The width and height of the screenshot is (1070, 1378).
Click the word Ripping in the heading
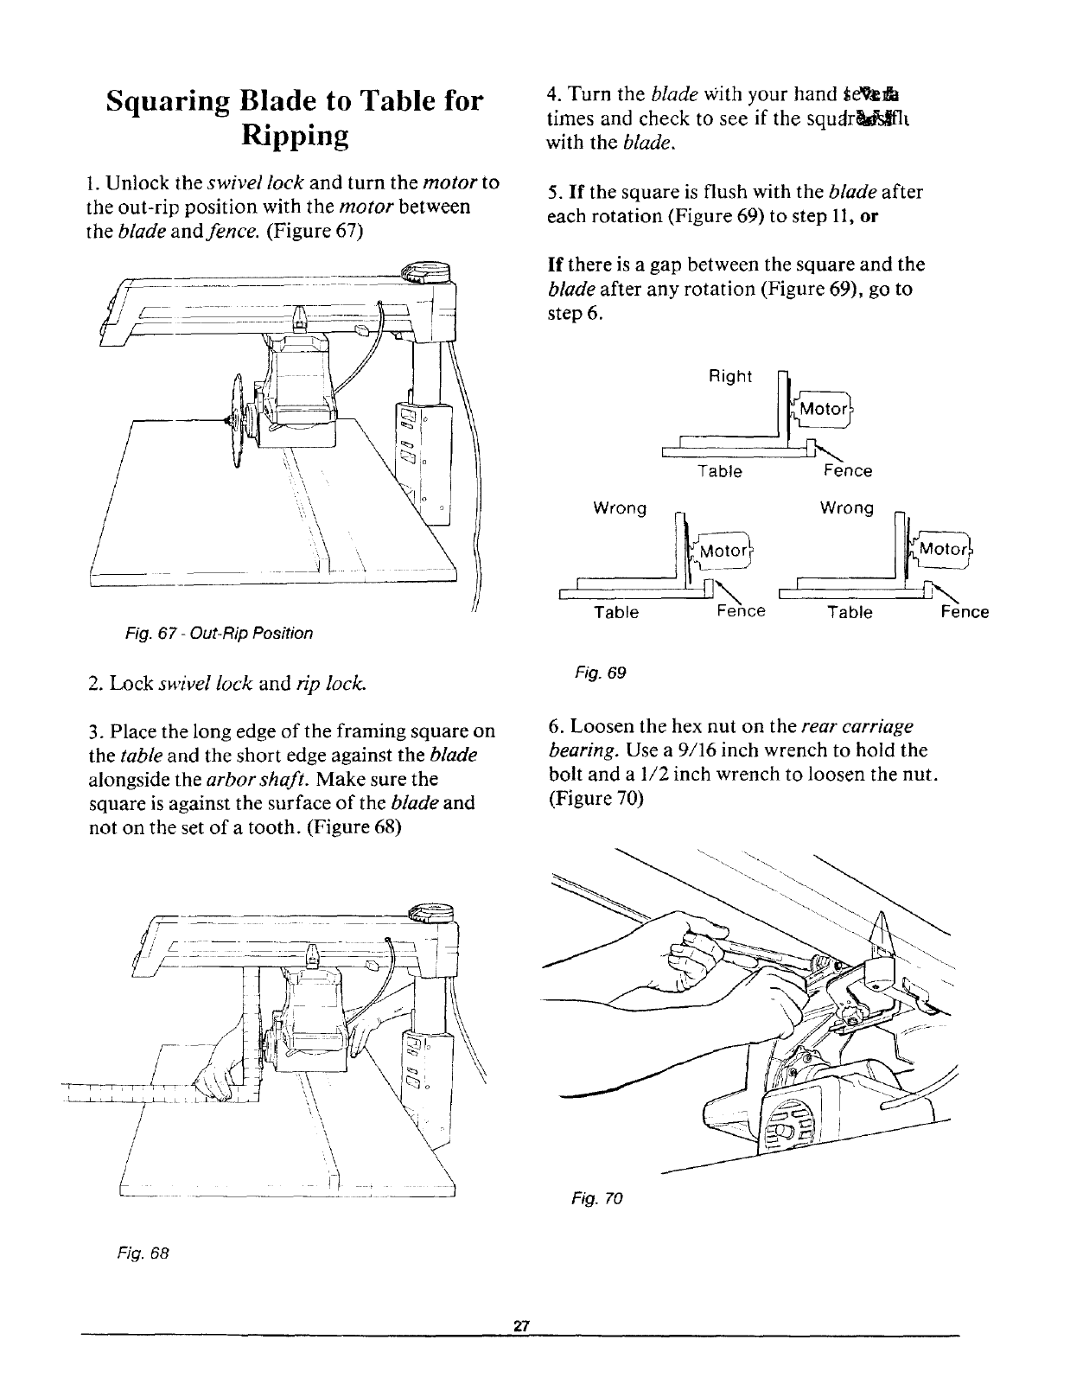[x=293, y=137]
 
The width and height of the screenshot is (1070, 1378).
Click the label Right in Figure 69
[x=730, y=378]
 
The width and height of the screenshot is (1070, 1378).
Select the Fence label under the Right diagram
[x=848, y=471]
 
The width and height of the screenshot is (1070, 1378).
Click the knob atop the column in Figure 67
[x=429, y=273]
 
